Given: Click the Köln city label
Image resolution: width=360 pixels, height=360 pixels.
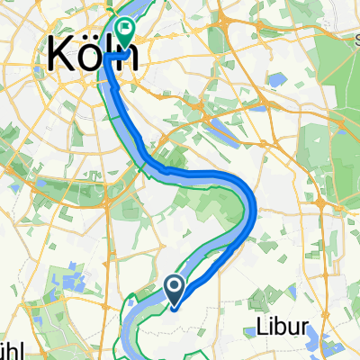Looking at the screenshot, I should click(x=89, y=56).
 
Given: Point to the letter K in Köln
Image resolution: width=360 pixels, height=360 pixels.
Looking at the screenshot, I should click(x=56, y=56).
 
